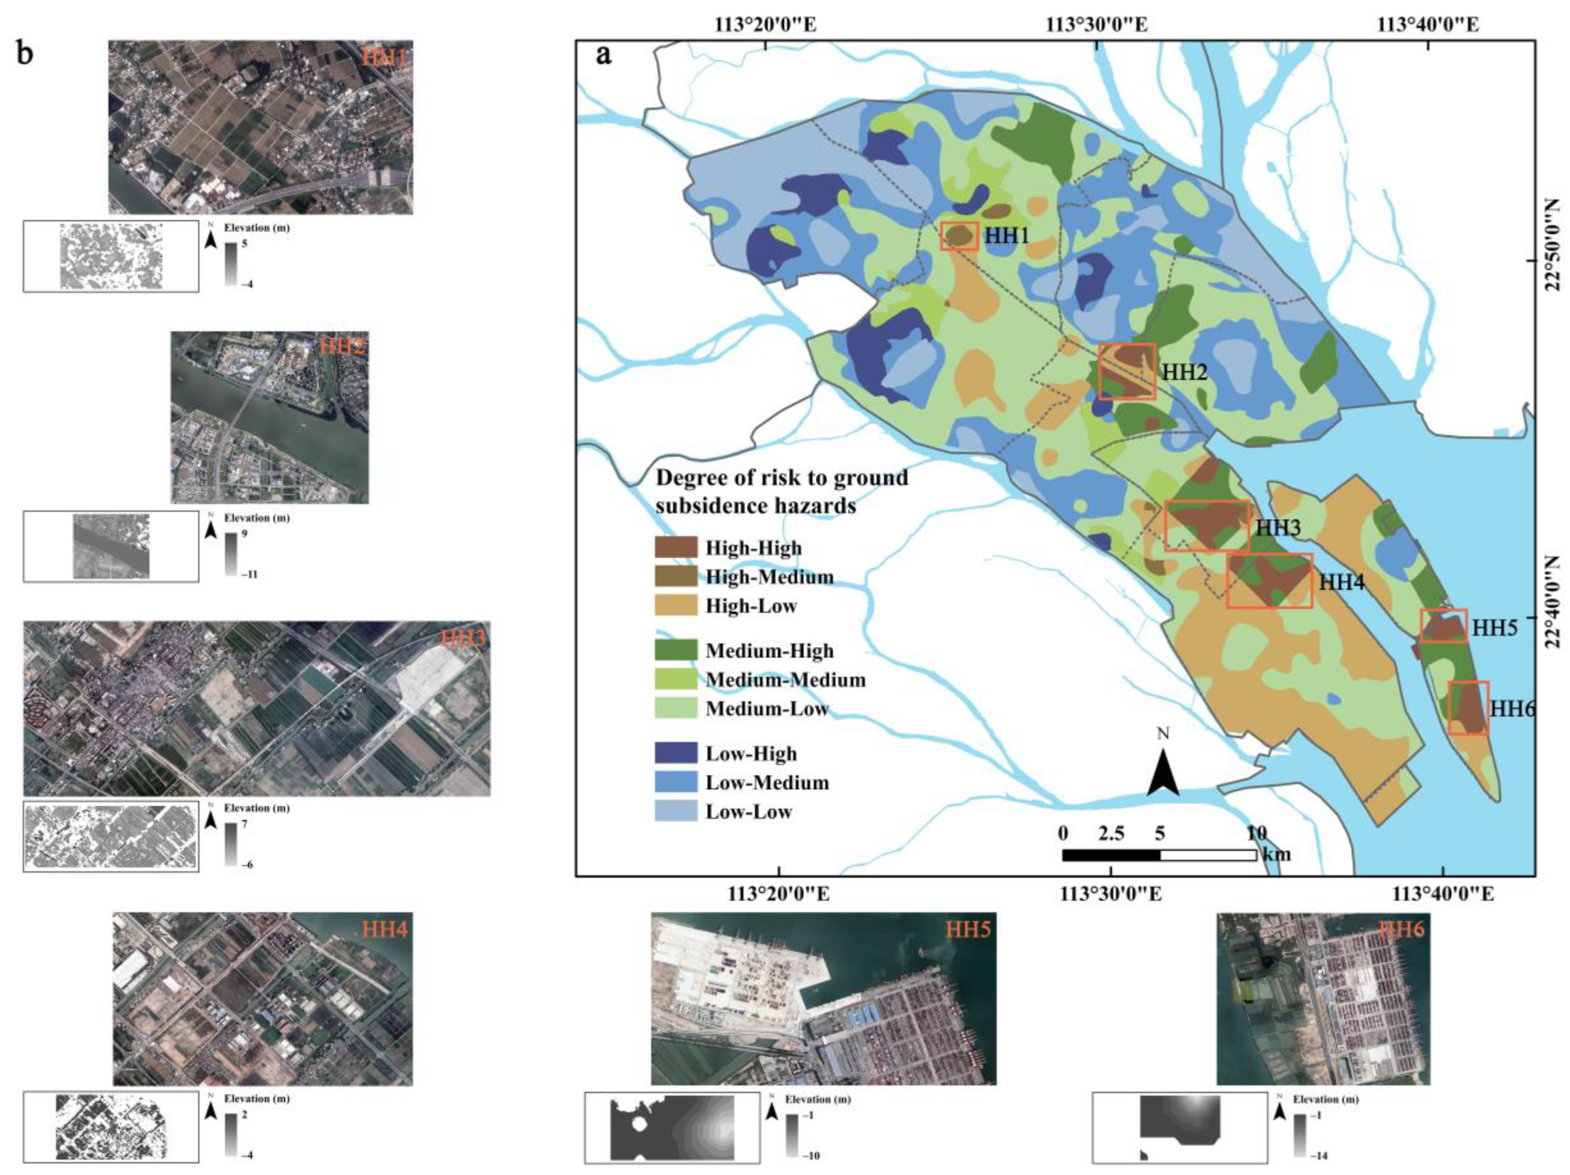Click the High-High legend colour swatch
[675, 548]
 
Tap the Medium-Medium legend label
[786, 680]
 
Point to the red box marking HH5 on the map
[1444, 626]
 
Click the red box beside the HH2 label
[1127, 372]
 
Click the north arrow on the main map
[1163, 769]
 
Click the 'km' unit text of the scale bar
[1277, 854]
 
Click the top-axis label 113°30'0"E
[1097, 25]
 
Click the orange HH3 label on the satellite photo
[463, 639]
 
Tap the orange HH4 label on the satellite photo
[385, 929]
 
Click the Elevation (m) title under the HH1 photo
[256, 228]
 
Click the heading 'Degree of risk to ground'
[781, 478]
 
